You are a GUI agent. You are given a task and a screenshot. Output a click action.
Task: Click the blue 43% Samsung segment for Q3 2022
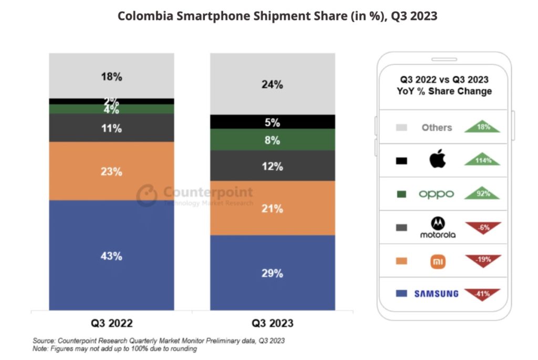111,255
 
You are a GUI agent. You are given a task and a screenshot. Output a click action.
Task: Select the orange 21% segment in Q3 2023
273,208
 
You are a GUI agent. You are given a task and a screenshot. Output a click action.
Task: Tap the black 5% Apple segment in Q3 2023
273,122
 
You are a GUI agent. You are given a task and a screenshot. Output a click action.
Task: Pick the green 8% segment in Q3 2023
273,140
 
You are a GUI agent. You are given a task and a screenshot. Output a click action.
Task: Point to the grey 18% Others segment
111,76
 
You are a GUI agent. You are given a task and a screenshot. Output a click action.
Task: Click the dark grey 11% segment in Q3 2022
111,128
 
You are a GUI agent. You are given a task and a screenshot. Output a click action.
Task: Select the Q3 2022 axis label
111,323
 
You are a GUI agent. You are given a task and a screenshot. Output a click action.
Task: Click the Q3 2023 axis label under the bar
272,323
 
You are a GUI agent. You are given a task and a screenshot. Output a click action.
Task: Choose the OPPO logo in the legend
436,194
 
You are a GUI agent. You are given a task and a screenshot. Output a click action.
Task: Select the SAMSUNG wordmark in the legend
436,294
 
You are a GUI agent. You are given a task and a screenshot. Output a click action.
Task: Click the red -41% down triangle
482,293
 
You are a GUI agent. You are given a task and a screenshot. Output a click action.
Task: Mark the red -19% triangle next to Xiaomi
482,260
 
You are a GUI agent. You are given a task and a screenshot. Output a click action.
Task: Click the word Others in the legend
437,127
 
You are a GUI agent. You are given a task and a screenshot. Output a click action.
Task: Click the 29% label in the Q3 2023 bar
273,273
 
